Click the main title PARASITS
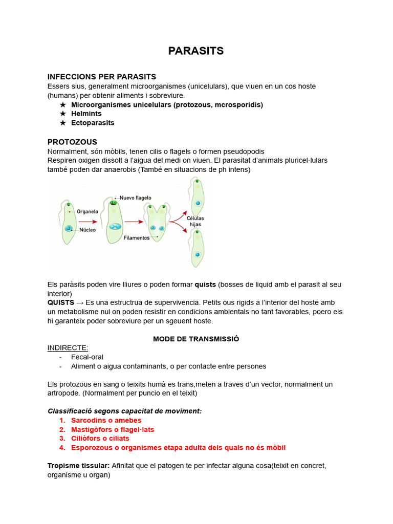(x=196, y=51)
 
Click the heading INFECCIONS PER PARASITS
(x=101, y=77)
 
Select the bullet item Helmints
(x=86, y=114)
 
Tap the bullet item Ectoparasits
(x=93, y=123)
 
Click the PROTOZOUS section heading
(x=72, y=142)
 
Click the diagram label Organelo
(x=88, y=211)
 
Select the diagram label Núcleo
(x=87, y=230)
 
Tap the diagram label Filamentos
(x=136, y=238)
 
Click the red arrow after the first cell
(x=88, y=222)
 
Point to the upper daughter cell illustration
(x=196, y=198)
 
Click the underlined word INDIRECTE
(x=68, y=348)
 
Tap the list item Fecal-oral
(x=87, y=357)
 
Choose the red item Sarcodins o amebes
(x=106, y=420)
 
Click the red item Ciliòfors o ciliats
(x=100, y=439)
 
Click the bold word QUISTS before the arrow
(x=60, y=302)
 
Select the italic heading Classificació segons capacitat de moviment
(x=124, y=411)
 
